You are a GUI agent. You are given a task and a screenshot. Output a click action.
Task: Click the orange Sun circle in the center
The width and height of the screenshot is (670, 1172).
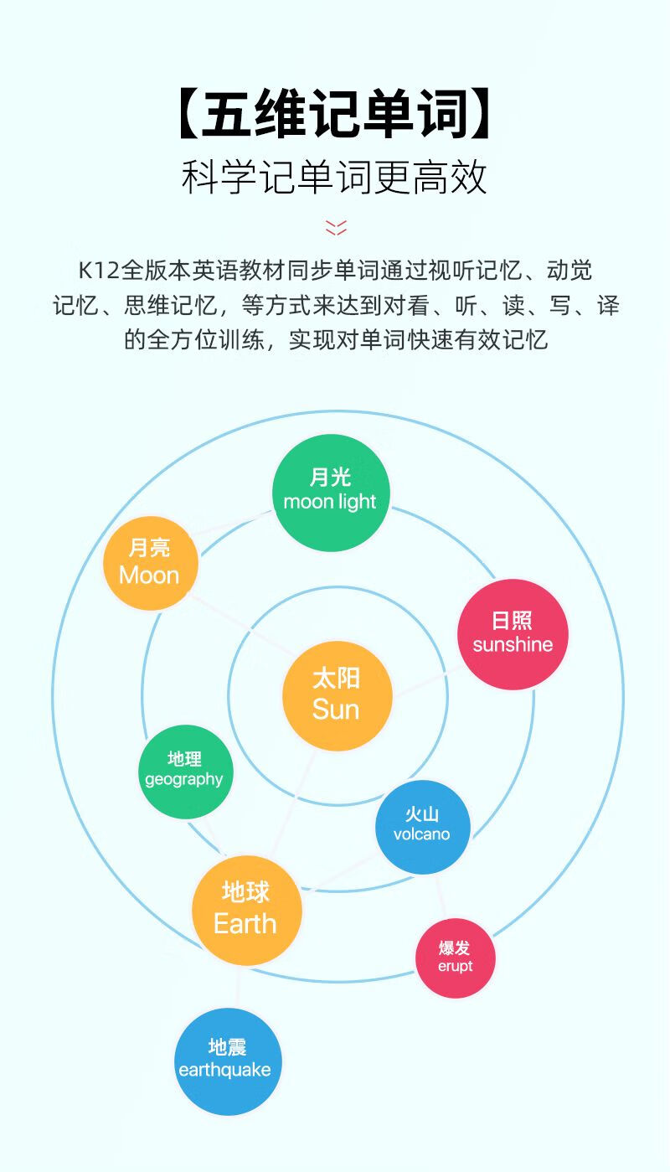coord(337,694)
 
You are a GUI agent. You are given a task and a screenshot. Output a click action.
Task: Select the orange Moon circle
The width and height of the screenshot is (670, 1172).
coord(151,562)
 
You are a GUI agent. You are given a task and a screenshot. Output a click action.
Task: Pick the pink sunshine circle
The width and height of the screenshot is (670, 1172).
coord(513,634)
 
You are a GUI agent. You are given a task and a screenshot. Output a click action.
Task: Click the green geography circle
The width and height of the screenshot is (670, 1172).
coord(184,771)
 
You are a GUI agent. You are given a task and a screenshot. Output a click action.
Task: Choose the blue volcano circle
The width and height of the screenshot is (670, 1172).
coord(422,826)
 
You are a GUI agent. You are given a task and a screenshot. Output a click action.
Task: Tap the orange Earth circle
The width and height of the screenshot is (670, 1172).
coord(246,910)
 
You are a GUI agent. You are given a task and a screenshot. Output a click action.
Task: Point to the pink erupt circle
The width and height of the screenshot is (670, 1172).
coord(456,958)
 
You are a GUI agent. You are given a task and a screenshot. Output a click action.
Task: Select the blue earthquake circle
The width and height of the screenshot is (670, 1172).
coord(226,1060)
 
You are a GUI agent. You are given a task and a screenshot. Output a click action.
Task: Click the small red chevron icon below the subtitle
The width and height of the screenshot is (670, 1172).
coord(335,227)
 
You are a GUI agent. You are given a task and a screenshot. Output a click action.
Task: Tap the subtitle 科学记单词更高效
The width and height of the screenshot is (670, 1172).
coord(335,177)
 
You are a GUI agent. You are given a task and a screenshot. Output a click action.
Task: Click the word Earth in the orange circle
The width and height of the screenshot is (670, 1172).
coord(245,924)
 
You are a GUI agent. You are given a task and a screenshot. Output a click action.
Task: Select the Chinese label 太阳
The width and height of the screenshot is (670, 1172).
coord(336,678)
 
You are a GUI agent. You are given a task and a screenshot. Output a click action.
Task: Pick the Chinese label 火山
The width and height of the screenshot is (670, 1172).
coord(422,814)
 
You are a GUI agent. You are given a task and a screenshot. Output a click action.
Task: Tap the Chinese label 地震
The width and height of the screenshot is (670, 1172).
coord(227,1047)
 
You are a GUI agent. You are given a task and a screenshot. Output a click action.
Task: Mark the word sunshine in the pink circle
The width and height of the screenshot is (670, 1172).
coord(513,644)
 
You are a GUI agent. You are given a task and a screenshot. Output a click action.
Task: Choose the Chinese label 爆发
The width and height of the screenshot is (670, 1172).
coord(455,948)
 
